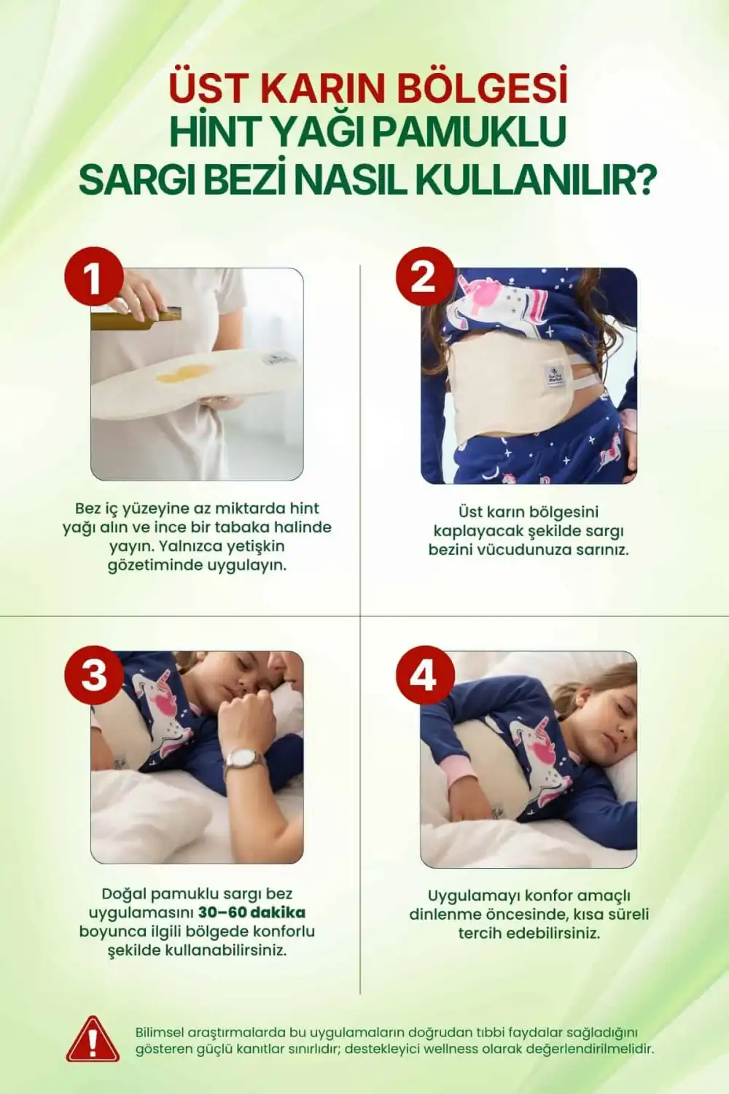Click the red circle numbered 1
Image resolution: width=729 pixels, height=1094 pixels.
pyautogui.click(x=93, y=277)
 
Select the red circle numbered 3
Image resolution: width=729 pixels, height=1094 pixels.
pyautogui.click(x=93, y=675)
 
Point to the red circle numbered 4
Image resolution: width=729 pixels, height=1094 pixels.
pyautogui.click(x=425, y=675)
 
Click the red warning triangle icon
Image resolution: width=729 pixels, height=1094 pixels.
pyautogui.click(x=93, y=1041)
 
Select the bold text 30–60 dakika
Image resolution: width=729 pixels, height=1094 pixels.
pyautogui.click(x=252, y=912)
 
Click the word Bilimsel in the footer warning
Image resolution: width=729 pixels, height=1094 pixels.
pyautogui.click(x=160, y=1032)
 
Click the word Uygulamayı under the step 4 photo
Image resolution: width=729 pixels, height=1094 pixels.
pyautogui.click(x=473, y=896)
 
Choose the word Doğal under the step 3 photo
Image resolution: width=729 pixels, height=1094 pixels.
pyautogui.click(x=123, y=893)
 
